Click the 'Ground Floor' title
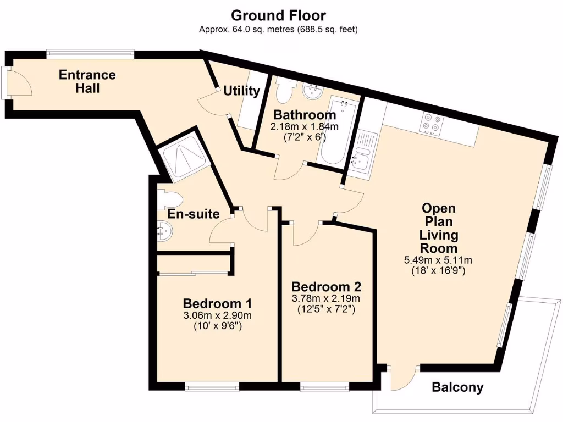[x=278, y=15]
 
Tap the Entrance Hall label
[x=87, y=81]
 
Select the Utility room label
[x=242, y=91]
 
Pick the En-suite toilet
[x=170, y=199]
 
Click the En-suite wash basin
[x=165, y=231]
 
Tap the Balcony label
[x=457, y=387]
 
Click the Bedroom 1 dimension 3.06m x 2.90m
[x=218, y=316]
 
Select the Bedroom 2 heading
[x=326, y=287]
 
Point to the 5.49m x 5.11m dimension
[x=438, y=260]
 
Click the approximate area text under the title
[x=278, y=30]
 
